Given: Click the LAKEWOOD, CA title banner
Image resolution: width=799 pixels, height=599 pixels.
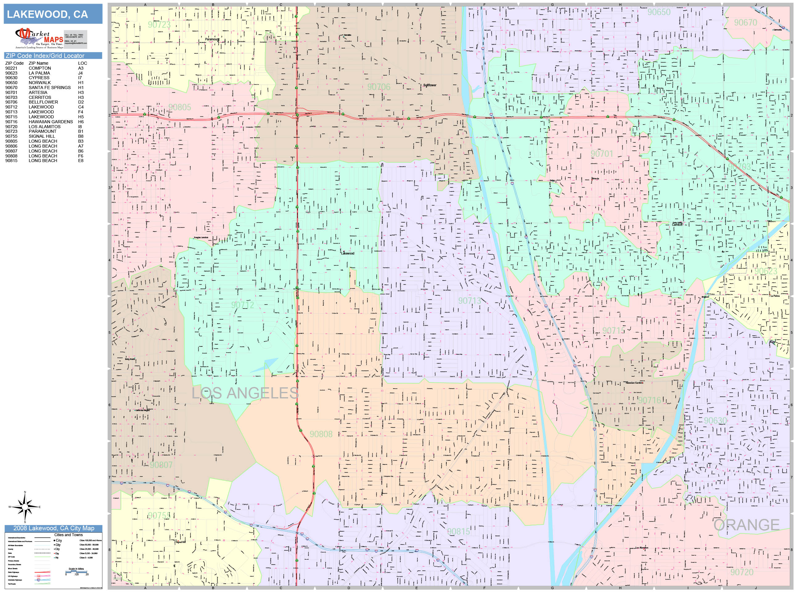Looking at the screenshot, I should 53,14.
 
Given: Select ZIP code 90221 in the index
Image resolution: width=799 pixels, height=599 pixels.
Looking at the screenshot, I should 11,68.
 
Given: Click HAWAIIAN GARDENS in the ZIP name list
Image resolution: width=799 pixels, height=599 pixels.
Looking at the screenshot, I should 51,122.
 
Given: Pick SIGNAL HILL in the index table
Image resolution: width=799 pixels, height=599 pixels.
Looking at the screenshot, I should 42,137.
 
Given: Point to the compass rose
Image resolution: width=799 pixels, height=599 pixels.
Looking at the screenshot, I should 25,507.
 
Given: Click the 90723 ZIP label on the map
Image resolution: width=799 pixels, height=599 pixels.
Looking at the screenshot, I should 159,25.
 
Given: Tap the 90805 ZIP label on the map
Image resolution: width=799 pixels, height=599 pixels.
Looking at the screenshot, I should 179,107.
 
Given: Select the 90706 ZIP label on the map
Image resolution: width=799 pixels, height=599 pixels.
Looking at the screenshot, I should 379,87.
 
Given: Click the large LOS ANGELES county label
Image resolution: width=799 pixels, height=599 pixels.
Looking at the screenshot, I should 245,393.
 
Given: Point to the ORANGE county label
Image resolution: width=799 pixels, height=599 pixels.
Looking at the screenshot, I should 746,525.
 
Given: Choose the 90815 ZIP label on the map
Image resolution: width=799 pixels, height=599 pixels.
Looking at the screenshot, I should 459,532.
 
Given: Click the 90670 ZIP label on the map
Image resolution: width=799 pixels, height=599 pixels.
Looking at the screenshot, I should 745,23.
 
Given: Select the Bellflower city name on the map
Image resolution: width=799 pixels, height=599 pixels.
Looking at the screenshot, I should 430,85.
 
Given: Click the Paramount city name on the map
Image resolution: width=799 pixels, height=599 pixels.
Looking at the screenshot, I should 212,39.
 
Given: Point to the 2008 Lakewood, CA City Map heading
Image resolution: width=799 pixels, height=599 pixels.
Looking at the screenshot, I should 53,528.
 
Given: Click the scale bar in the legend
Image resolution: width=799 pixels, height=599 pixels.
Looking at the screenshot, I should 76,572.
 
